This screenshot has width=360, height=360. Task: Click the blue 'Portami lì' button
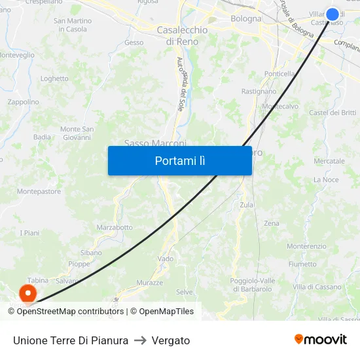pyautogui.click(x=179, y=160)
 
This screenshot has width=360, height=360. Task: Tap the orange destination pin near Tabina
pyautogui.click(x=28, y=291)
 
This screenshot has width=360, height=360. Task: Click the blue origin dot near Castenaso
pyautogui.click(x=333, y=14)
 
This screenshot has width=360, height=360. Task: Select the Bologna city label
pyautogui.click(x=246, y=19)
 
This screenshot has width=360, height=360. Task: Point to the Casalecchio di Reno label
pyautogui.click(x=182, y=35)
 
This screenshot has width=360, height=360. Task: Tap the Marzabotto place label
pyautogui.click(x=115, y=228)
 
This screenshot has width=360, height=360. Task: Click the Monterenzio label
pyautogui.click(x=306, y=246)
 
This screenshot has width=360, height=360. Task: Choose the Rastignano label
pyautogui.click(x=259, y=92)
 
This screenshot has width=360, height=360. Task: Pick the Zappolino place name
pyautogui.click(x=23, y=102)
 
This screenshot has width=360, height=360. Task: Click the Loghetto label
pyautogui.click(x=54, y=79)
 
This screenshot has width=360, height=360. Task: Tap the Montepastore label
pyautogui.click(x=39, y=192)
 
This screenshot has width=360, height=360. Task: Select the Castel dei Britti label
pyautogui.click(x=333, y=113)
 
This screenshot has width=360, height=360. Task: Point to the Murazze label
pyautogui.click(x=149, y=283)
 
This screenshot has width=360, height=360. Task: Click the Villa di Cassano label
pyautogui.click(x=317, y=287)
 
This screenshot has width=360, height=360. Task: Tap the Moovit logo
pyautogui.click(x=320, y=340)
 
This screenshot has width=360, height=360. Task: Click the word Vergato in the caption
pyautogui.click(x=170, y=340)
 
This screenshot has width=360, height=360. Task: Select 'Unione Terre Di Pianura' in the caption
pyautogui.click(x=71, y=340)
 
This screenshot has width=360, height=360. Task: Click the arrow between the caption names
pyautogui.click(x=140, y=340)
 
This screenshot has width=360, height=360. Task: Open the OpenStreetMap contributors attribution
pyautogui.click(x=70, y=312)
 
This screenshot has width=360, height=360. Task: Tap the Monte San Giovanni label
pyautogui.click(x=77, y=134)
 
